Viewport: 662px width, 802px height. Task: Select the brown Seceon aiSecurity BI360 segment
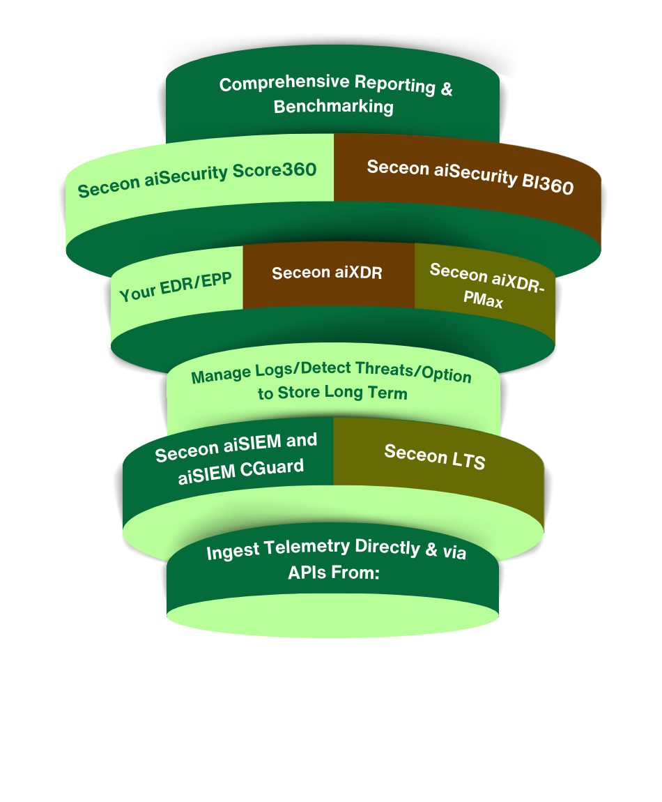coord(470,177)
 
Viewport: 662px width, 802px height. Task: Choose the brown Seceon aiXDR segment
coord(327,273)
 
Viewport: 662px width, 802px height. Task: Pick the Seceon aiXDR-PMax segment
coord(486,285)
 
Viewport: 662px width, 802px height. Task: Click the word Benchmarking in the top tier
coord(333,107)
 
